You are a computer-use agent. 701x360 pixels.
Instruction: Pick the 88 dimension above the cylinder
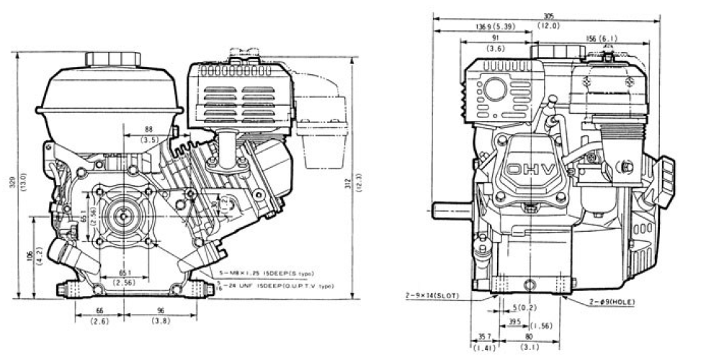coord(149,130)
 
